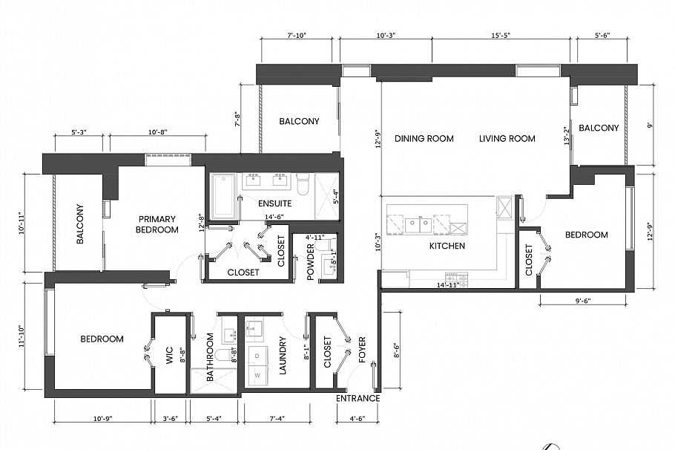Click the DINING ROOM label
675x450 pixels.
(x=424, y=139)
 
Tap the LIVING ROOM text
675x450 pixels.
(x=507, y=139)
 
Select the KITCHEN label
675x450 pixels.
(x=447, y=246)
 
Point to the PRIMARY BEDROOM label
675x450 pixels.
(x=157, y=224)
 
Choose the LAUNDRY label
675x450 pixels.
(x=283, y=356)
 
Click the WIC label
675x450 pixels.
(x=169, y=357)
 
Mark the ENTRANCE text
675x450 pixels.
(x=358, y=399)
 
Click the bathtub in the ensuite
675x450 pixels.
(x=223, y=197)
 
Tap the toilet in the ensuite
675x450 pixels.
(x=302, y=183)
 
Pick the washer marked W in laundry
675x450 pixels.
(x=257, y=375)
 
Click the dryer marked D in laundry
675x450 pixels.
(x=257, y=356)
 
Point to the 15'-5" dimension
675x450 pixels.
(x=501, y=35)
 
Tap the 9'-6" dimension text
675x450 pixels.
(x=582, y=301)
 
